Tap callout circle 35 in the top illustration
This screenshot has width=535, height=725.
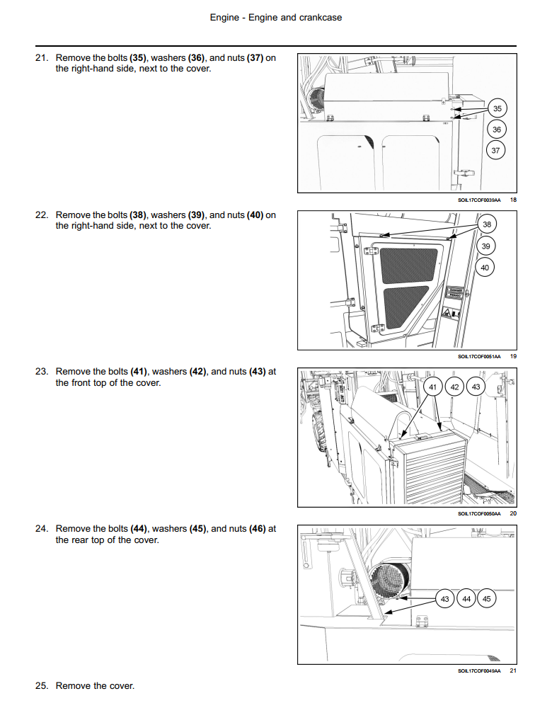pos(497,108)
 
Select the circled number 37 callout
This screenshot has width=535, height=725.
pos(495,150)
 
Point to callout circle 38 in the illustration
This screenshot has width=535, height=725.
pos(486,224)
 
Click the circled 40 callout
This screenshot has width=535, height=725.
pos(485,268)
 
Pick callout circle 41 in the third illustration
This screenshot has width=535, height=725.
pos(433,387)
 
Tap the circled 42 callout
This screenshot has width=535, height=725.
pos(455,387)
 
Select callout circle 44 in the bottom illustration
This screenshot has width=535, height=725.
pos(466,598)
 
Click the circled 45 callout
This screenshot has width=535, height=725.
pos(486,598)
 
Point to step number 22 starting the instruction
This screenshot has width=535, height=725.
pos(41,215)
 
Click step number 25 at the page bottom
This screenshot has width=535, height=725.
pos(41,685)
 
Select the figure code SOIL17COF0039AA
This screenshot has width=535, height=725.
pos(479,200)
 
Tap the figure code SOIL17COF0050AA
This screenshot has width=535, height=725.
pos(479,513)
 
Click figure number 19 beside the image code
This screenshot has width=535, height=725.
pos(513,356)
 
